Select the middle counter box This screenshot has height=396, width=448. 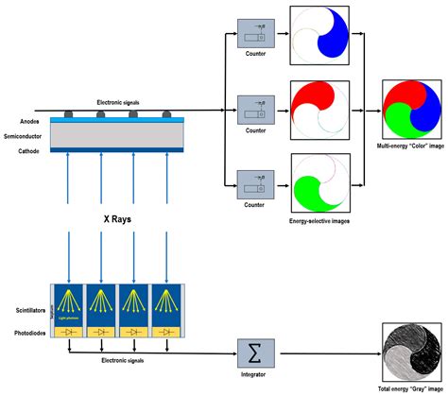(254, 109)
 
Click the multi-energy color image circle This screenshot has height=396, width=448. (411, 111)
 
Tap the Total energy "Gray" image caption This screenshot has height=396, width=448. (409, 390)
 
